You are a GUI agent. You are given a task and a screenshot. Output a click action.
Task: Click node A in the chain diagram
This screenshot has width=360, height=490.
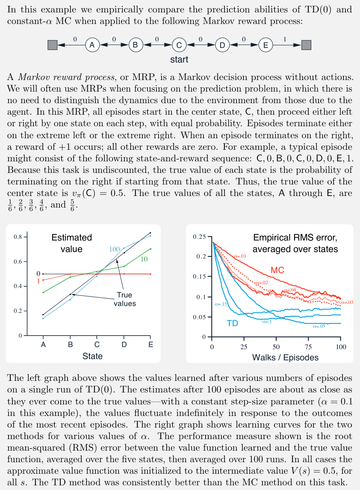pyautogui.click(x=92, y=45)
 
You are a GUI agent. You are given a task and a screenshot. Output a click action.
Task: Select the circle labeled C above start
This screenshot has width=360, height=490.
pyautogui.click(x=179, y=45)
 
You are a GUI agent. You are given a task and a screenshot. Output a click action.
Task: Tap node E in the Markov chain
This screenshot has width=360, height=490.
pyautogui.click(x=266, y=45)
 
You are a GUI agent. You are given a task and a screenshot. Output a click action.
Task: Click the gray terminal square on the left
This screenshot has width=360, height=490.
pyautogui.click(x=52, y=45)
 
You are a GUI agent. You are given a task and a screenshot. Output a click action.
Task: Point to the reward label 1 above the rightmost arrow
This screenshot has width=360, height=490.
pyautogui.click(x=285, y=39)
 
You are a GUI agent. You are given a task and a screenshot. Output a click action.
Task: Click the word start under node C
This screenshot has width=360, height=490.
pyautogui.click(x=179, y=59)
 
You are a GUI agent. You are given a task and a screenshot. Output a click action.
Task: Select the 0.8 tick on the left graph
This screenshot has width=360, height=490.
pyautogui.click(x=18, y=237)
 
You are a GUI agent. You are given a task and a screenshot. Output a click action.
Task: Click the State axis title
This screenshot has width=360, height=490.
pyautogui.click(x=93, y=356)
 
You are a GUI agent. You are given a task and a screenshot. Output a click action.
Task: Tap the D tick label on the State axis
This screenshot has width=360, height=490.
pyautogui.click(x=124, y=344)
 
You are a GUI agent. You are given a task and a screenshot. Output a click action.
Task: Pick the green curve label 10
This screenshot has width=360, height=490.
pyautogui.click(x=144, y=259)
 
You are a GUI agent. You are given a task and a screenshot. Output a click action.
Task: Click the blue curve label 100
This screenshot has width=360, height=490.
pyautogui.click(x=115, y=249)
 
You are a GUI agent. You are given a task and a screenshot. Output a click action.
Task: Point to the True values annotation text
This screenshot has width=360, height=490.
pyautogui.click(x=124, y=299)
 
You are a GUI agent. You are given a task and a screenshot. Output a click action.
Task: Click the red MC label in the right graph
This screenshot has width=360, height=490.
pyautogui.click(x=277, y=270)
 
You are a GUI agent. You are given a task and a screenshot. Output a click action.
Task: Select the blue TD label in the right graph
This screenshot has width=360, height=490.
pyautogui.click(x=232, y=324)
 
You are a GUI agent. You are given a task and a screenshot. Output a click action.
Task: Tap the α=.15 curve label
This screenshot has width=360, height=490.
pyautogui.click(x=221, y=304)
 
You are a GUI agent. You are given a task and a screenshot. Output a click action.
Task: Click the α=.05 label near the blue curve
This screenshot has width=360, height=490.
pyautogui.click(x=319, y=326)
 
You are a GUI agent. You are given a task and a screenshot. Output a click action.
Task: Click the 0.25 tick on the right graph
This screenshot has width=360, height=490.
pyautogui.click(x=199, y=237)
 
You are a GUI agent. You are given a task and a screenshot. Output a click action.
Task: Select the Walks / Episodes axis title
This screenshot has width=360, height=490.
pyautogui.click(x=285, y=357)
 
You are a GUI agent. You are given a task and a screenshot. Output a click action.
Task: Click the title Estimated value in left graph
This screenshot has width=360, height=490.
pyautogui.click(x=71, y=243)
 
